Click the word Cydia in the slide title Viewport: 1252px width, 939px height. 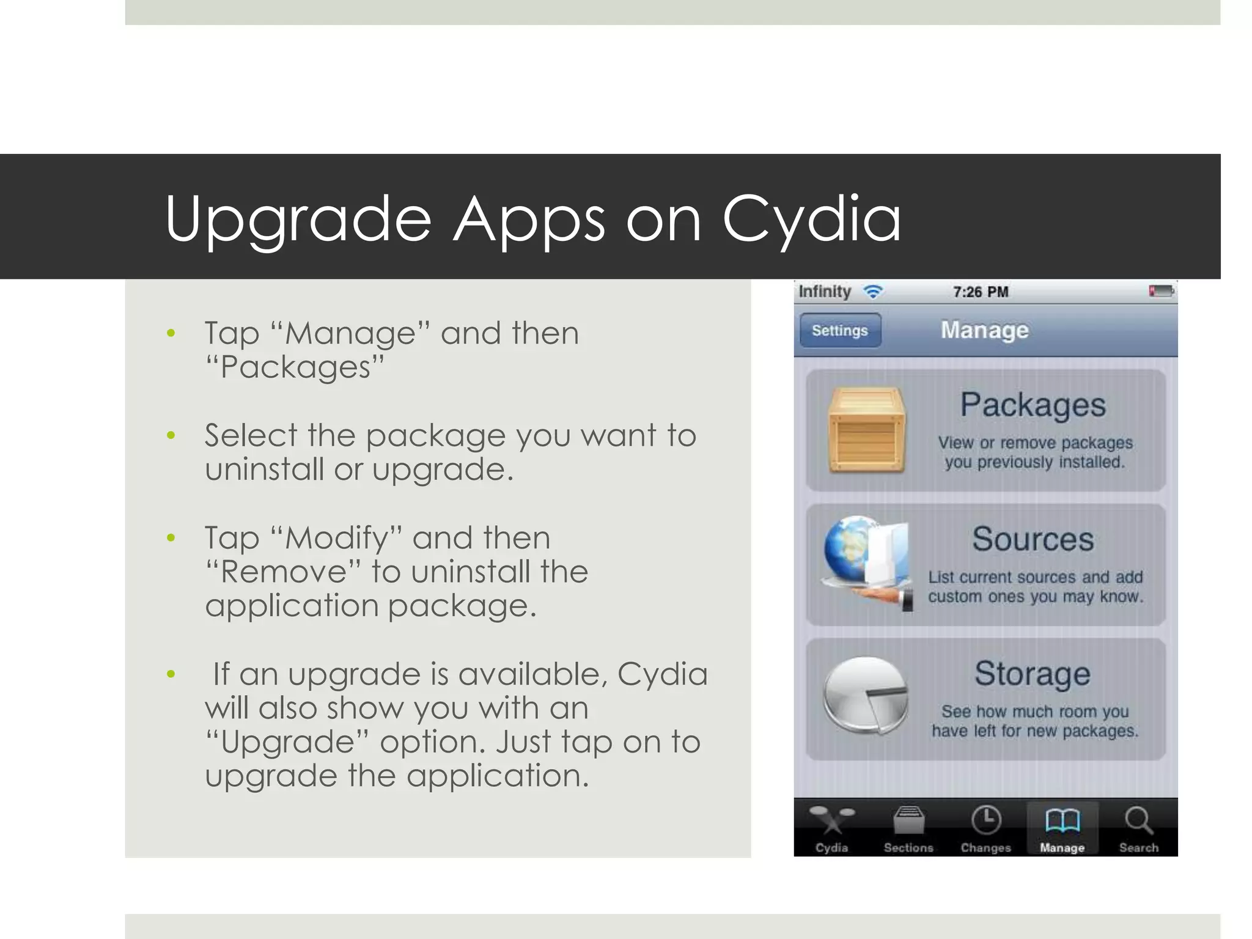(x=811, y=219)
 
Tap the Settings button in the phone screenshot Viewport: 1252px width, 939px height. (x=840, y=331)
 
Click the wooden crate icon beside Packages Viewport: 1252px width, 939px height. (x=866, y=430)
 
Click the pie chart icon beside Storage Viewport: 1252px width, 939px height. (x=865, y=696)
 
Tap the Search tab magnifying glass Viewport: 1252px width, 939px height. (x=1138, y=821)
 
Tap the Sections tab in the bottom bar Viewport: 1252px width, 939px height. (x=908, y=828)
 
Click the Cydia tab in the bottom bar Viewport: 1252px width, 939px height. (x=831, y=828)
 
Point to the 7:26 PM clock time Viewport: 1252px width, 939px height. (x=981, y=292)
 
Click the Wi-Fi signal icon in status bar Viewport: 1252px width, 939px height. (x=874, y=292)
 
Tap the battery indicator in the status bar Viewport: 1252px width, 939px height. (x=1161, y=291)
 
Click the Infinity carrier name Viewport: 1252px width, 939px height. (x=825, y=292)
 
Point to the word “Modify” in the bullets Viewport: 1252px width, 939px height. (x=336, y=539)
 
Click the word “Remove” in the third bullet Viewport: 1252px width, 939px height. (x=284, y=572)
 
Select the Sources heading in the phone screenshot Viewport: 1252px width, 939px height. (x=1033, y=539)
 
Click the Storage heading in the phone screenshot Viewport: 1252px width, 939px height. (x=1033, y=674)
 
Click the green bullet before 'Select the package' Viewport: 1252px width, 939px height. (x=171, y=436)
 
